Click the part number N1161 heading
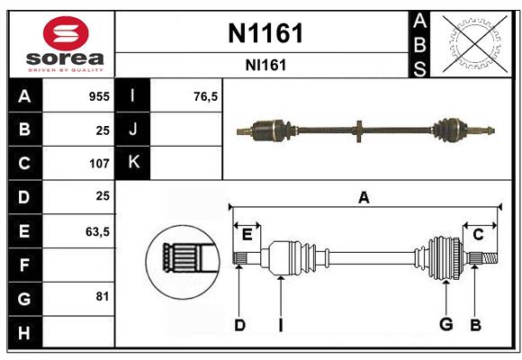point(264,34)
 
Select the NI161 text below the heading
point(264,65)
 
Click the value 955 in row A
point(99,96)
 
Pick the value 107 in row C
point(99,164)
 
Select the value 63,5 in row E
point(97,231)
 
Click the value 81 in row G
point(102,296)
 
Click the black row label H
point(24,332)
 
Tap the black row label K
point(133,163)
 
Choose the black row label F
point(24,265)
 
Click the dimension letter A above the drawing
point(364,197)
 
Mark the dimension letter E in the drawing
point(247,234)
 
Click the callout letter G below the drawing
point(445,325)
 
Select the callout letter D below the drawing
point(239,325)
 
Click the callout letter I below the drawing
point(281,325)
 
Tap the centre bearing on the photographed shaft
point(358,130)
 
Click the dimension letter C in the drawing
point(479,234)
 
